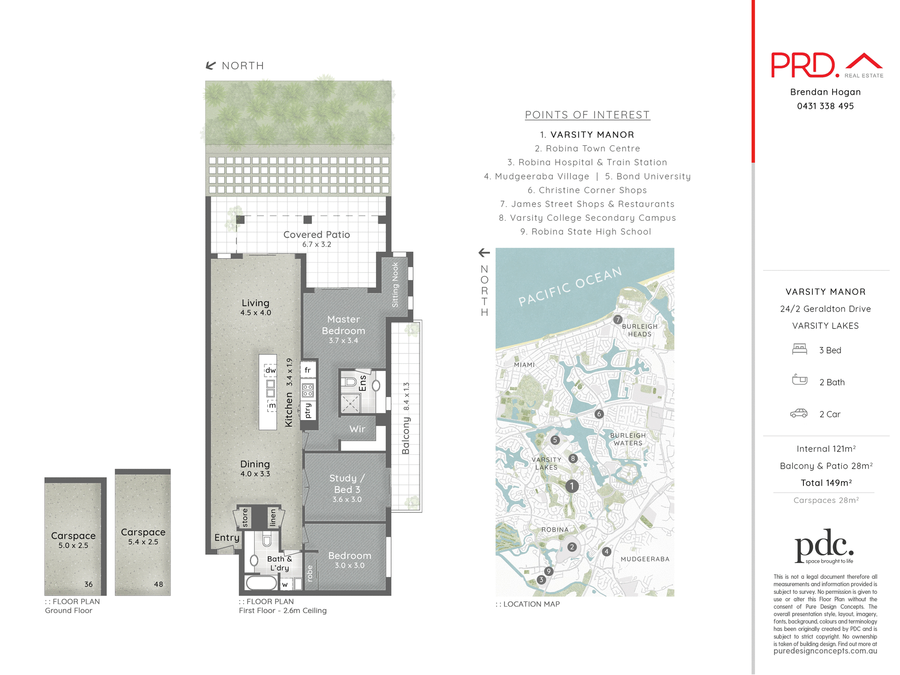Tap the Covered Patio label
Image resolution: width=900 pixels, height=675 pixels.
coord(316,235)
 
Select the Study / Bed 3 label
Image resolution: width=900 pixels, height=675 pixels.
coord(347,484)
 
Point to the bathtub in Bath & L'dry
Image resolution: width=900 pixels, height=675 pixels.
coord(261,583)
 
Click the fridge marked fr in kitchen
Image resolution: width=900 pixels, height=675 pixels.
coord(308,370)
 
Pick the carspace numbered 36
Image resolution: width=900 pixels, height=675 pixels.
coord(74,539)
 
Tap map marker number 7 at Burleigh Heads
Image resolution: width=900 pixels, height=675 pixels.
coord(618,320)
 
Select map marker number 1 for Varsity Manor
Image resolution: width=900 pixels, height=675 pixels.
coord(571,486)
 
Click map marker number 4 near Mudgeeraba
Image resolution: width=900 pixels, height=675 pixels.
coord(607,552)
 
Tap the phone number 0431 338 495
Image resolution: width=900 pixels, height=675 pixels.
coord(825,106)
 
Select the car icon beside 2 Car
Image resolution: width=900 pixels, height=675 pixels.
coord(799,413)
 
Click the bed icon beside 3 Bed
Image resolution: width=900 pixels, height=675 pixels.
coord(799,349)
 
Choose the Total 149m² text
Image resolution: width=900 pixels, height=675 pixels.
coord(826,483)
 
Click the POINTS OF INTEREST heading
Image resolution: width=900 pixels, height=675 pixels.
coord(587,115)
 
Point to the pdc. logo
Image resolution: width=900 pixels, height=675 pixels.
coord(824,546)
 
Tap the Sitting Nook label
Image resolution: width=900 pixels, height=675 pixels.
coord(395,285)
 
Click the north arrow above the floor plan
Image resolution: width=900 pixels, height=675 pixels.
coord(211,66)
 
